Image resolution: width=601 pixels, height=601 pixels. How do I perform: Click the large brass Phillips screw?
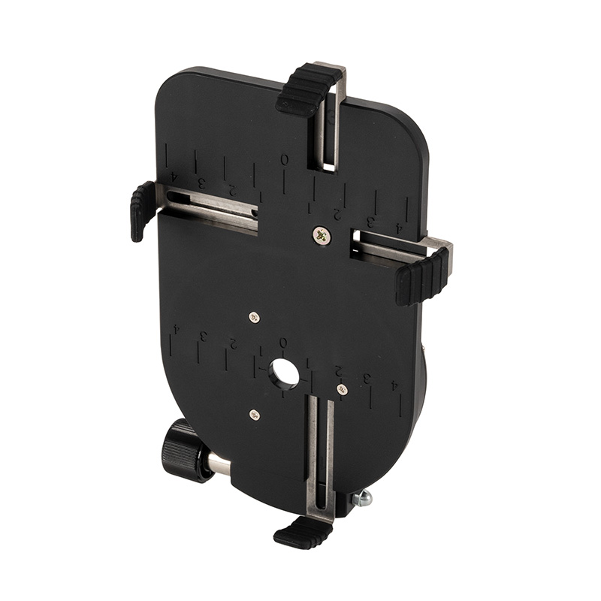coord(322,235)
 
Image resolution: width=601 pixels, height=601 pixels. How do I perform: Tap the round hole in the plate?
coord(284,373)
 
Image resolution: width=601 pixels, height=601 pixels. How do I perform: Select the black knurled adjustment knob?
coord(181,451)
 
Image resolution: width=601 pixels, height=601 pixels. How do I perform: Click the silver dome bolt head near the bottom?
coord(363,498)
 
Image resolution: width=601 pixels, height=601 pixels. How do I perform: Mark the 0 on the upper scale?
coord(284,159)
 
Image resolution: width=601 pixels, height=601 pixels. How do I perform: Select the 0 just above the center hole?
coord(283,343)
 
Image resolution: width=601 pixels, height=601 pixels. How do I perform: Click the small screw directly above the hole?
coord(254,317)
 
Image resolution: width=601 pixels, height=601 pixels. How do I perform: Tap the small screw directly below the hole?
coord(255,414)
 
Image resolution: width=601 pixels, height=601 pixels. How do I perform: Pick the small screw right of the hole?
coord(342,389)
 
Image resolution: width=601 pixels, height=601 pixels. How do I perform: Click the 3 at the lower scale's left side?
coord(203,336)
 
